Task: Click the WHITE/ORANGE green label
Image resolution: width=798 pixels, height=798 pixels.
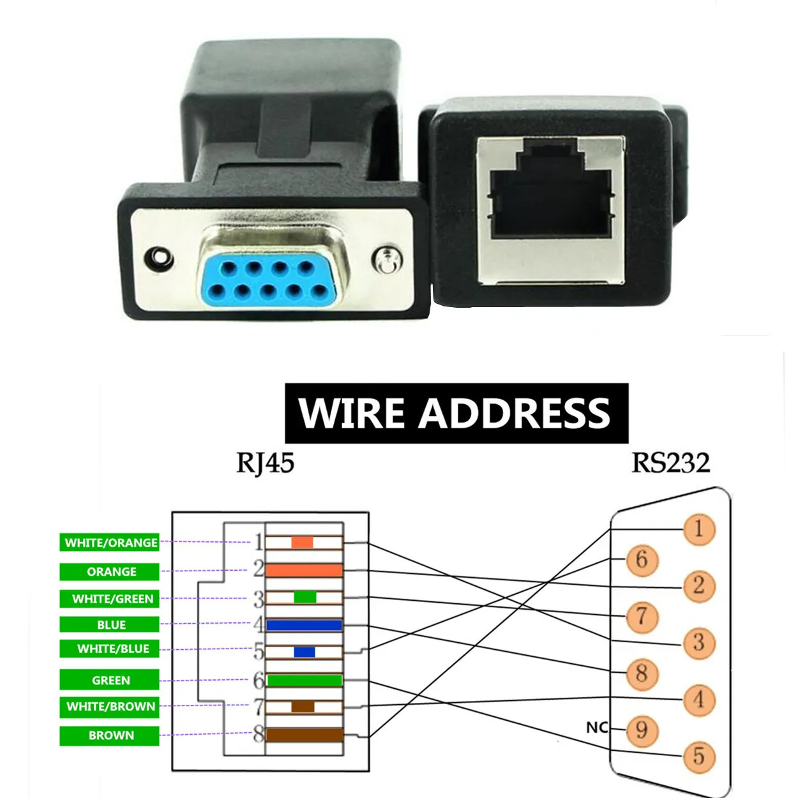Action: [110, 543]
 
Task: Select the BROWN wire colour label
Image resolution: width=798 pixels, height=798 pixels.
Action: [110, 735]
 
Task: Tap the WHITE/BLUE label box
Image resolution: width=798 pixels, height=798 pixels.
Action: [110, 649]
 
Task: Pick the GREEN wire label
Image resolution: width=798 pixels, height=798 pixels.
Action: [110, 680]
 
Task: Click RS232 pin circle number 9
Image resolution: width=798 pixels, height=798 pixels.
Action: [642, 729]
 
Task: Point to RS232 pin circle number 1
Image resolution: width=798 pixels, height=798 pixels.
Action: [698, 529]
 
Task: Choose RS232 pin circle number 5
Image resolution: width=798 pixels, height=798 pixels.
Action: [698, 757]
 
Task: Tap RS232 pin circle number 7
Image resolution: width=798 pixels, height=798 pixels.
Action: [642, 616]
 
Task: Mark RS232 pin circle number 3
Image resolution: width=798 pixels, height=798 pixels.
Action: [698, 642]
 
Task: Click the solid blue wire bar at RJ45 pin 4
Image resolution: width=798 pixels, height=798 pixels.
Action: [304, 625]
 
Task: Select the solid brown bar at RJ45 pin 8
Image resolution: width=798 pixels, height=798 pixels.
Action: [304, 735]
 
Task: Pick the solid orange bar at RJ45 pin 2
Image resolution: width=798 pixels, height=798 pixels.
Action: [304, 570]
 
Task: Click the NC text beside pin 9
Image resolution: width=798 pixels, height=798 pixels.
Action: [597, 727]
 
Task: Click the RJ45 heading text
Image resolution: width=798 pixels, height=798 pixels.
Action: [265, 463]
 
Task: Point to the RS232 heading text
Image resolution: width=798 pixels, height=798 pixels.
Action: [670, 463]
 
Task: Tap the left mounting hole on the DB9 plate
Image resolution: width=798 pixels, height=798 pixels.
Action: [159, 259]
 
